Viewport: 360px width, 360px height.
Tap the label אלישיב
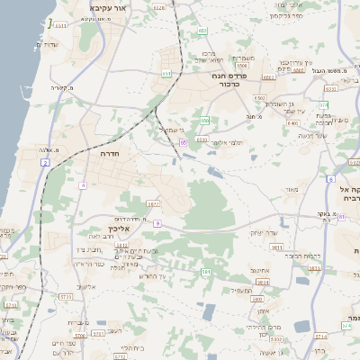(x=86, y=287)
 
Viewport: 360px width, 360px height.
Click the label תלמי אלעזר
(x=228, y=142)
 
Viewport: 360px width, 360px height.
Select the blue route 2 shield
(x=45, y=163)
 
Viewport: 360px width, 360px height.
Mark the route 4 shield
(x=82, y=184)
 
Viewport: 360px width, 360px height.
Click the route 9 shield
(x=157, y=222)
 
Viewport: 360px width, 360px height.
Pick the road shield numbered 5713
(x=65, y=295)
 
